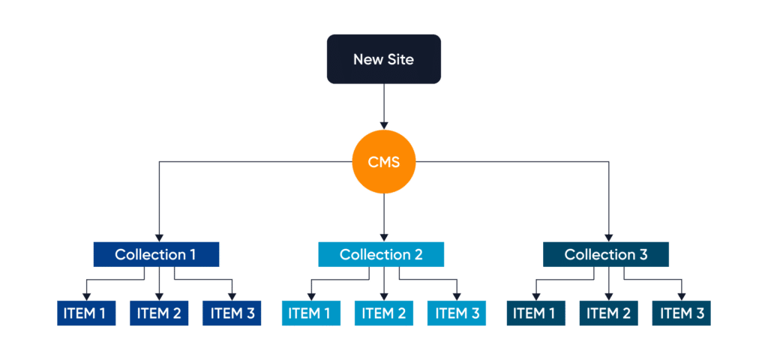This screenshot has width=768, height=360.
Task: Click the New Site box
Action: [x=384, y=58]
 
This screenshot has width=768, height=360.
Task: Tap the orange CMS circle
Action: [x=384, y=161]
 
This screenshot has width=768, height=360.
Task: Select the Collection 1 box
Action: [x=155, y=254]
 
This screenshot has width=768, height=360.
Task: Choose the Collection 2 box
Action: [x=381, y=254]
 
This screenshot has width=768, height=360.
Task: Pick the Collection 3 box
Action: [x=606, y=254]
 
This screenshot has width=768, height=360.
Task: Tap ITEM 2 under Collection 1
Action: [x=159, y=313]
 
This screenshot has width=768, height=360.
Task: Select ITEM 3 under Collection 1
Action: [x=231, y=313]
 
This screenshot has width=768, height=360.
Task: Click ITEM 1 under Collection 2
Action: [x=310, y=313]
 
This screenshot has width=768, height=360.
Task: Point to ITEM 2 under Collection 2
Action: [x=383, y=313]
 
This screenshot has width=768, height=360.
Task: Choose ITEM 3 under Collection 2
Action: [x=457, y=313]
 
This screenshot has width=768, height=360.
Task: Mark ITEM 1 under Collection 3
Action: [x=535, y=313]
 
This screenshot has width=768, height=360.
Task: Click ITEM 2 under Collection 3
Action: [x=608, y=313]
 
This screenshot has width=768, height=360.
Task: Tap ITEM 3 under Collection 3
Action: [x=681, y=313]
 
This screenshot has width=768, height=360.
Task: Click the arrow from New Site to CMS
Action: [x=384, y=105]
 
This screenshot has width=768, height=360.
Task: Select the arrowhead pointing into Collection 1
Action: [x=159, y=236]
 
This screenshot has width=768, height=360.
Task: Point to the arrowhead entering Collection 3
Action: [x=608, y=236]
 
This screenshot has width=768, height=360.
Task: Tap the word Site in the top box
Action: [x=399, y=58]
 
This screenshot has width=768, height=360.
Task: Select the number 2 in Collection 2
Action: [x=418, y=254]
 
